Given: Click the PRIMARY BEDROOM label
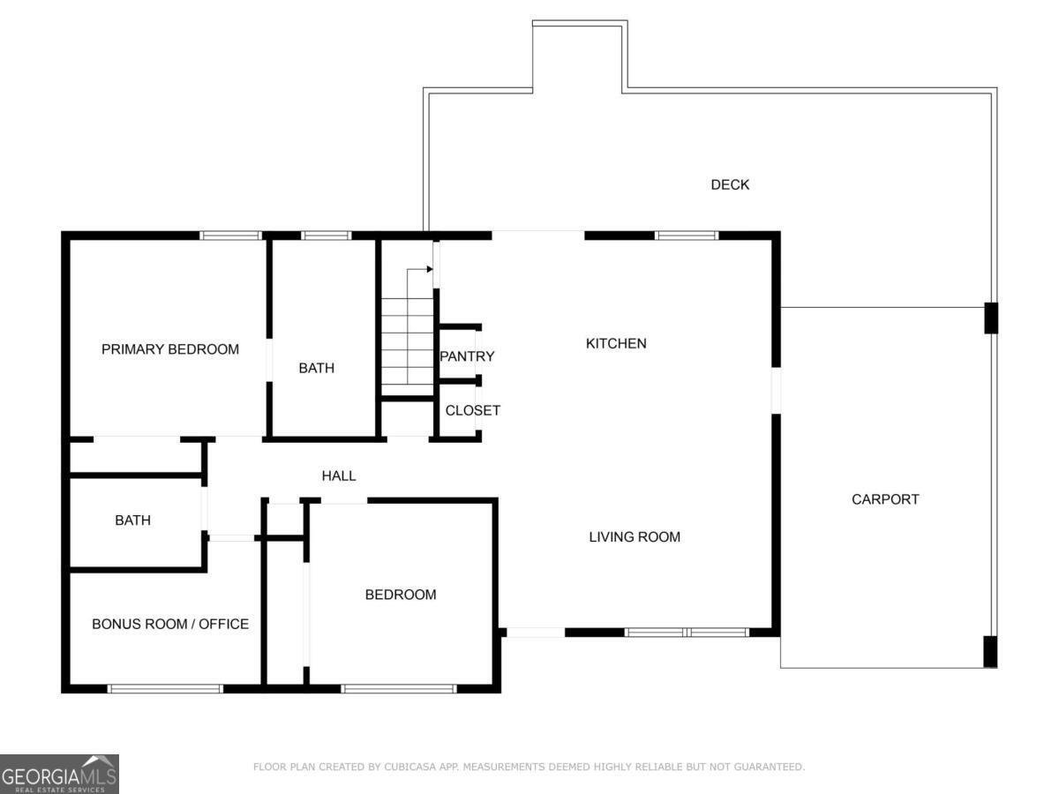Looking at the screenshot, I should click(x=170, y=349).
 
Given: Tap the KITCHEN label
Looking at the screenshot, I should click(x=616, y=343).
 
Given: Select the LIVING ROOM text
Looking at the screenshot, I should click(x=635, y=536).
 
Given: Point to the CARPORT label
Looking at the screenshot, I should click(x=885, y=499).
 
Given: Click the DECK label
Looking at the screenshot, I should click(x=730, y=184).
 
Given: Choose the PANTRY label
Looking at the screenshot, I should click(x=467, y=356).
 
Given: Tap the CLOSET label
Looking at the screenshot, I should click(x=472, y=410).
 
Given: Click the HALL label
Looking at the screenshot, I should click(x=339, y=476).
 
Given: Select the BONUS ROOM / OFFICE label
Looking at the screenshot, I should click(x=170, y=624).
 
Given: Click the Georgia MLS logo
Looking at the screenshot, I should click(x=59, y=774).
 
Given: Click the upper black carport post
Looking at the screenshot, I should click(x=991, y=318).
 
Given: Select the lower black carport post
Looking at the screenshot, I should click(x=990, y=651).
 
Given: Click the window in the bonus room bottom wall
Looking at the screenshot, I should click(x=165, y=688).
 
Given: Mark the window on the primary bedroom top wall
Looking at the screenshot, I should click(x=231, y=236).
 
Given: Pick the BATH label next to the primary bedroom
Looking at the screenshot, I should click(x=316, y=368).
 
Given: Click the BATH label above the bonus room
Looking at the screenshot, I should click(x=132, y=521).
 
